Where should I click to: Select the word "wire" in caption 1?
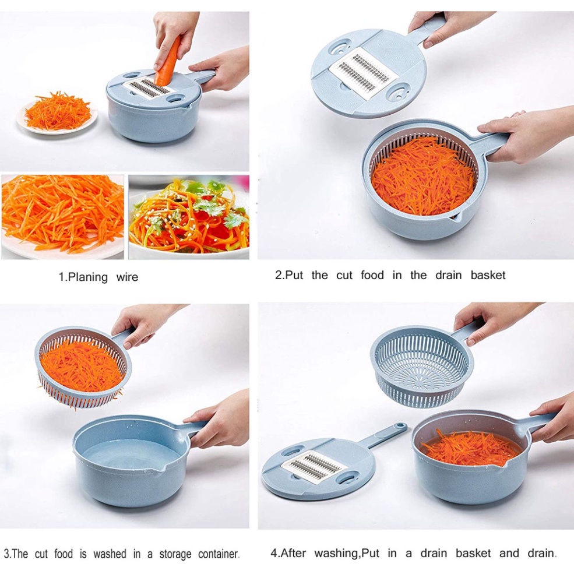coord(127,277)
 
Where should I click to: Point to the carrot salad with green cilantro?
coord(189,217)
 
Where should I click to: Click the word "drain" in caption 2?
coord(449,275)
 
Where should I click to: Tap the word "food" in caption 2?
coord(372,275)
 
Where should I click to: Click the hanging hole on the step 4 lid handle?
coord(400,426)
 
